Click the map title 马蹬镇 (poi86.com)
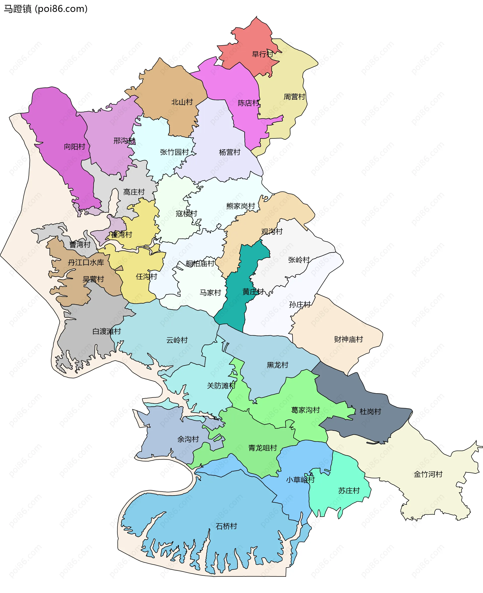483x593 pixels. click(x=46, y=9)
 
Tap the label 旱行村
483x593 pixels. click(x=262, y=54)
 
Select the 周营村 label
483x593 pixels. click(x=294, y=97)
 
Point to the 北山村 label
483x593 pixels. click(x=182, y=102)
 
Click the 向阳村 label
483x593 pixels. click(x=74, y=147)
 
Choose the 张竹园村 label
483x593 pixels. click(x=174, y=152)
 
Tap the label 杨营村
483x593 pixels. click(x=229, y=152)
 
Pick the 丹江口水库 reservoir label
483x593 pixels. click(x=86, y=262)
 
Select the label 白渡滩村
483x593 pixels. click(x=107, y=331)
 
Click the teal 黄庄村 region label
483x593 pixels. click(x=253, y=292)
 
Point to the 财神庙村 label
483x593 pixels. click(x=348, y=339)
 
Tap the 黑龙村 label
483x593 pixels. click(x=277, y=365)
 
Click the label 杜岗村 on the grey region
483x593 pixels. click(x=370, y=412)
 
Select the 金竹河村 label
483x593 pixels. click(x=428, y=475)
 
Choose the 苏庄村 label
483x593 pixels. click(x=349, y=491)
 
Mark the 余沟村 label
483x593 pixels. click(x=188, y=439)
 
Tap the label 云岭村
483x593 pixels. click(x=177, y=340)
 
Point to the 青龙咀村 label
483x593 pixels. click(x=263, y=448)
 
